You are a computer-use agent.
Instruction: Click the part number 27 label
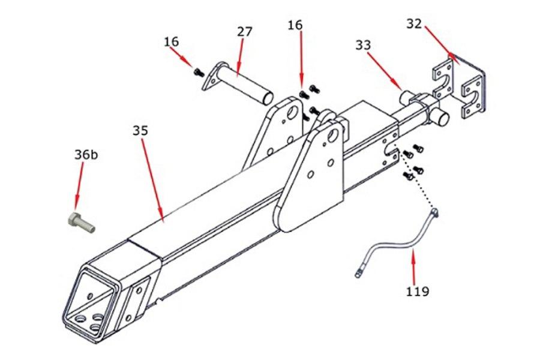point(244,32)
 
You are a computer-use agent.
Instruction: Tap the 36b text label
point(85,154)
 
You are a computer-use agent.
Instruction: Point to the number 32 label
point(414,24)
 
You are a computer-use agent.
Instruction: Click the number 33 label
point(363,44)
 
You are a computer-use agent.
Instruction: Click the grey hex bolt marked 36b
point(79,222)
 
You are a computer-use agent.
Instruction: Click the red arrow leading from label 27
point(241,58)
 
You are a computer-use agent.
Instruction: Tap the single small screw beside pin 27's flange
point(199,73)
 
